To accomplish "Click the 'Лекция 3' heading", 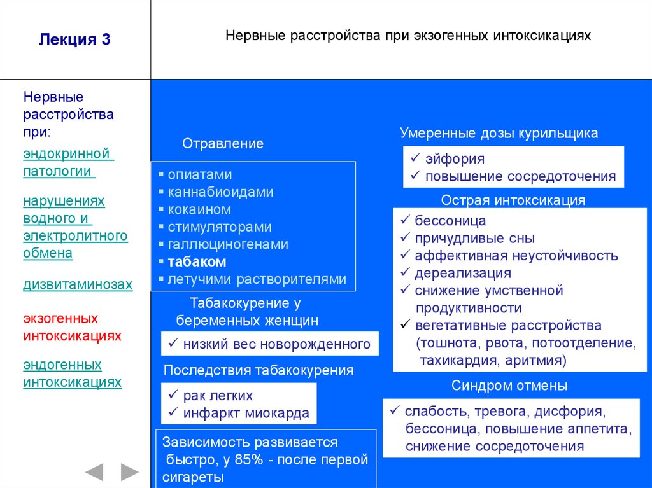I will [74, 39].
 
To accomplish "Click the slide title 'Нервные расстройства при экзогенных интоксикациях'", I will [408, 35].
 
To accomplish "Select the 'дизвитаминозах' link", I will [78, 284].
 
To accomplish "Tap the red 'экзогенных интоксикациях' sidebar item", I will [72, 326].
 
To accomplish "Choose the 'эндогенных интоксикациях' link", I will [72, 373].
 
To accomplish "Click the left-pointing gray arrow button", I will [94, 471].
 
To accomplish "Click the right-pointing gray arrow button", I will [129, 471].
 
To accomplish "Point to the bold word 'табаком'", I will [197, 261].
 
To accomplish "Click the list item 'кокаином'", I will [199, 209].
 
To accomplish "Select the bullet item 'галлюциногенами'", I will [228, 244].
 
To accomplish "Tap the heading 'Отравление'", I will [223, 144].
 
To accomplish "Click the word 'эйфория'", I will [455, 159].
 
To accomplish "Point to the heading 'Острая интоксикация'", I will [513, 200].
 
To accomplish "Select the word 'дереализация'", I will [463, 274].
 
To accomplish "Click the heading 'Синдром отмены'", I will [509, 386].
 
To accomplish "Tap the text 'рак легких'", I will [218, 396].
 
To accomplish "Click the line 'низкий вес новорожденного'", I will [276, 344].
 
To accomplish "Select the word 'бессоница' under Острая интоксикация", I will [450, 221].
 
